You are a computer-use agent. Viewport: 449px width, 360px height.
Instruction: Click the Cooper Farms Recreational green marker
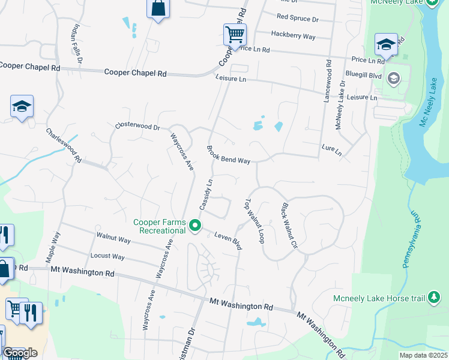point(195,226)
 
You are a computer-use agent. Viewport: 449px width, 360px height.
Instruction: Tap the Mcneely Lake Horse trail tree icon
point(434,298)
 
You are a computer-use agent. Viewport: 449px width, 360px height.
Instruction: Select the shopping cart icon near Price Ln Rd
point(235,34)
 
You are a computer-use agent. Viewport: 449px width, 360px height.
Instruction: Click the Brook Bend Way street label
point(228,154)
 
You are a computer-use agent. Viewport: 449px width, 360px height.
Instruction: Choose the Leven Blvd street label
point(228,241)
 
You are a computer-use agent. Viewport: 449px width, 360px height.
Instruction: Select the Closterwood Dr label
point(137,127)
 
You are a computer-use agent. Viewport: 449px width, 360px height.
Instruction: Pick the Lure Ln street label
point(331,149)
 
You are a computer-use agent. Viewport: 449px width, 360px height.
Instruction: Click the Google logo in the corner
point(20,353)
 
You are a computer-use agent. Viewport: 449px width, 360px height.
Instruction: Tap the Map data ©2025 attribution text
point(422,355)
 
